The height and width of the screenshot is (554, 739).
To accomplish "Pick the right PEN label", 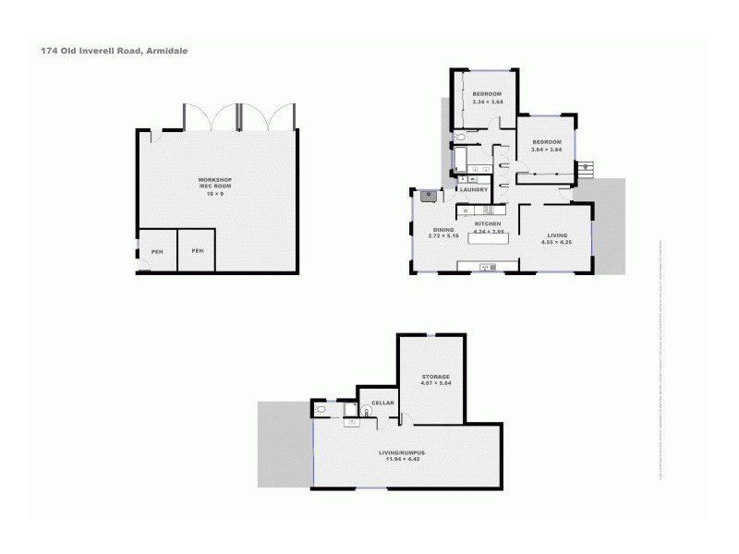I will tap(197, 251).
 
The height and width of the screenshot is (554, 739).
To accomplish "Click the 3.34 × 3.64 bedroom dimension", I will tap(487, 102).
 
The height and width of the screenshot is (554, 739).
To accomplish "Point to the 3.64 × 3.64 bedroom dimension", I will tap(545, 150).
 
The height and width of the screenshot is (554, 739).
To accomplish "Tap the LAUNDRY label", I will tap(474, 190).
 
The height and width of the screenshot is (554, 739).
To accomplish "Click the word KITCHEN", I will tap(487, 224).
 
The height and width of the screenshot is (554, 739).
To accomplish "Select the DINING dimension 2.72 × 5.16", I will tap(443, 236).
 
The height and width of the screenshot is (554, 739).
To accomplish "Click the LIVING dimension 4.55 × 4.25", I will tap(556, 242).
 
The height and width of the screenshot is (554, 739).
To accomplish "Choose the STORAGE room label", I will tap(435, 377).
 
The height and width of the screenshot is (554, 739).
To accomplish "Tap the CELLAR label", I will tap(383, 403).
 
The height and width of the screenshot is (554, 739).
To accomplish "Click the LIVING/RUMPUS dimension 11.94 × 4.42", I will tap(406, 459).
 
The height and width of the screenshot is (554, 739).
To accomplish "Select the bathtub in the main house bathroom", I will tap(459, 163).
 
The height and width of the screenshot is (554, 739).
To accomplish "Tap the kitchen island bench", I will tap(490, 239).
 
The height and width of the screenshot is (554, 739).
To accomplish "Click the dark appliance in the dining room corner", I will tap(428, 195).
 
